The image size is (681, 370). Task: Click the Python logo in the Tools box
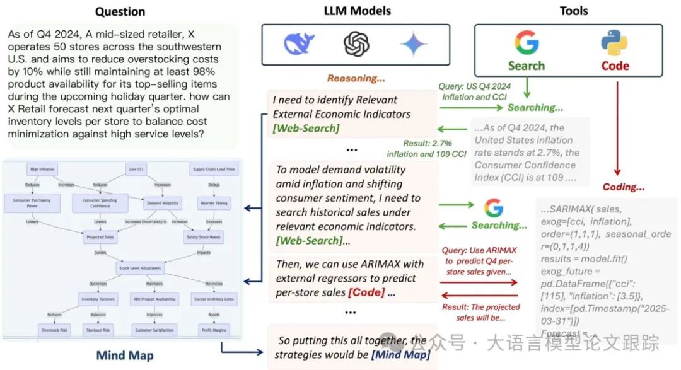coord(614,43)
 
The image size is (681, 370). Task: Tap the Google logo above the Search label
coord(527,43)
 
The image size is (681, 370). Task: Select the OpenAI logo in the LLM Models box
coord(356,44)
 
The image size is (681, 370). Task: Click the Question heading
coord(119,11)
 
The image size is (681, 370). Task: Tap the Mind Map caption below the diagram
coord(125,356)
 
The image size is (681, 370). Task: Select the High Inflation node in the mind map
coord(42,169)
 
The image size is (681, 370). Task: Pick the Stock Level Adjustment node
coord(140,268)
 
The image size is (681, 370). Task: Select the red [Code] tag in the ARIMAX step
coord(364,293)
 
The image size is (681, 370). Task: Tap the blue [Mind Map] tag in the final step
coord(401,355)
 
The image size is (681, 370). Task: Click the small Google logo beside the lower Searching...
coord(494,207)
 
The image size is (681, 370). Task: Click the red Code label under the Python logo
coord(615,66)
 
